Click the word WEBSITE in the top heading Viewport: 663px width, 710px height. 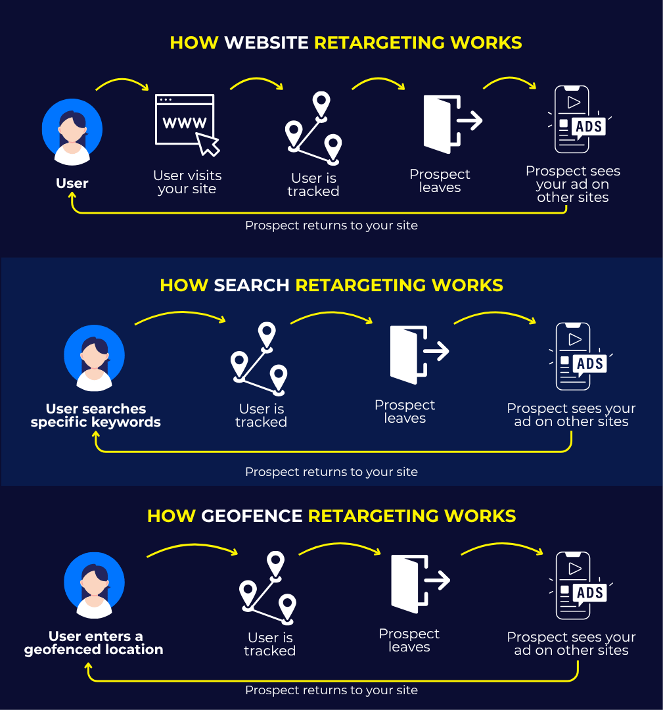267,43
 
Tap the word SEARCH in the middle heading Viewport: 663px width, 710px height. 251,285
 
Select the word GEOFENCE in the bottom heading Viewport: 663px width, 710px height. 252,516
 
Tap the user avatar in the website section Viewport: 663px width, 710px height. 72,131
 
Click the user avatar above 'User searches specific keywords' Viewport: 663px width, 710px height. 94,358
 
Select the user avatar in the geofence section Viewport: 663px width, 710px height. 94,585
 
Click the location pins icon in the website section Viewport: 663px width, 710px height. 313,128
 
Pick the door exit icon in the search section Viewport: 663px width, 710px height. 419,354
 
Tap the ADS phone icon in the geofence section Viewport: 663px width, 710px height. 581,586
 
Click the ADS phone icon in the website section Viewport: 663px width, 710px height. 580,120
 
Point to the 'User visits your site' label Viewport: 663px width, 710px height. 187,182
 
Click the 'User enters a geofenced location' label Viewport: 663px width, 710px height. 94,643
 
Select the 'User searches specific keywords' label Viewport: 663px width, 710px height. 95,415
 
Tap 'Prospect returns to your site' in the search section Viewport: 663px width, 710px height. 331,472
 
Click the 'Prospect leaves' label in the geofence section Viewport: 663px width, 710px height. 409,640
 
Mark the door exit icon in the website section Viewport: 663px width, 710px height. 453,124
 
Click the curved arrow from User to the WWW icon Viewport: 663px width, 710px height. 122,80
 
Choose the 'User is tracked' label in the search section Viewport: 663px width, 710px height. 261,415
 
